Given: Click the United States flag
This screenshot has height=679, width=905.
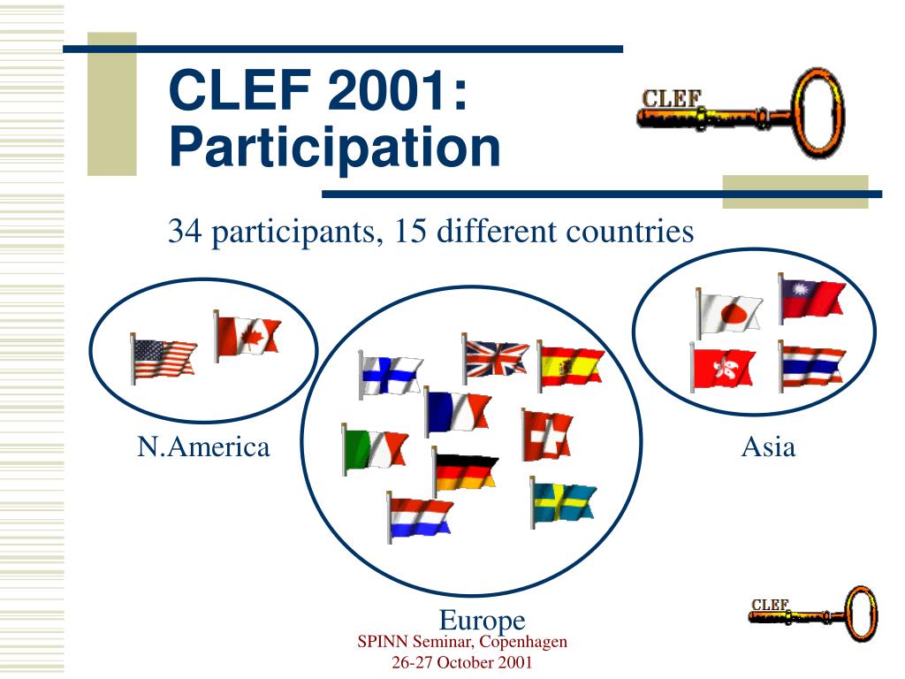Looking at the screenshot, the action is (x=164, y=359).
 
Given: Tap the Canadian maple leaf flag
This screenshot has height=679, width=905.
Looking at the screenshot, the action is (x=247, y=337).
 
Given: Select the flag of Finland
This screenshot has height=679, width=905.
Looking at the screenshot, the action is (x=391, y=375).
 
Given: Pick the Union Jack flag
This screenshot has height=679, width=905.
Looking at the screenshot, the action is (x=496, y=359).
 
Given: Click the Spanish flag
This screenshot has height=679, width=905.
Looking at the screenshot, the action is (x=570, y=366).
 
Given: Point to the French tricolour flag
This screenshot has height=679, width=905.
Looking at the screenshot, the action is (x=458, y=412).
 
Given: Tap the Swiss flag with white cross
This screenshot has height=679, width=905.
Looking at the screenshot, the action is (x=547, y=435).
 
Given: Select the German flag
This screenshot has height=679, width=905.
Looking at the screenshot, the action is (x=466, y=472).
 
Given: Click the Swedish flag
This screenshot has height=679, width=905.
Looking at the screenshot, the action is (x=564, y=502).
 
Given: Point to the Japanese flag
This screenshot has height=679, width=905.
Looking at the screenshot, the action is (x=729, y=312).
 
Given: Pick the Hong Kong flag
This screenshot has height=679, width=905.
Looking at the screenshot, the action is (x=723, y=368).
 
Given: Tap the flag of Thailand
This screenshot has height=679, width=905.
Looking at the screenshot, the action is (x=811, y=366).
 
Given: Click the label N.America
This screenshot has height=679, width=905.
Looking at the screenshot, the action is (x=203, y=446).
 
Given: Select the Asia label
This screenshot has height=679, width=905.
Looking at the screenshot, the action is (x=768, y=446).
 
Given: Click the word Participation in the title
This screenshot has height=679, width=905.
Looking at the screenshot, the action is (x=335, y=148).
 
